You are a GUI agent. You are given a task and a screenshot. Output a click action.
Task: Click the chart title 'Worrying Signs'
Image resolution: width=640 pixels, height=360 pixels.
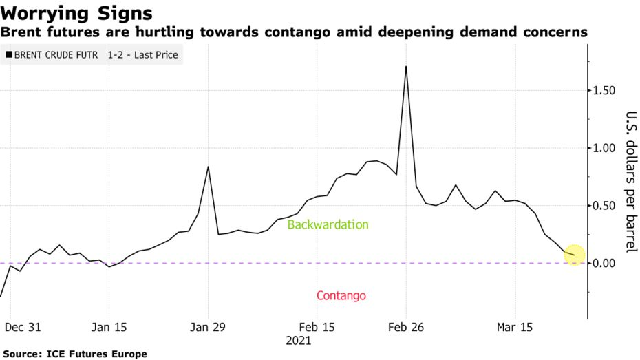pyautogui.click(x=76, y=14)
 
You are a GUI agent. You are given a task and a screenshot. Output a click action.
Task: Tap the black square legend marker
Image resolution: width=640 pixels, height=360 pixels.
pyautogui.click(x=9, y=54)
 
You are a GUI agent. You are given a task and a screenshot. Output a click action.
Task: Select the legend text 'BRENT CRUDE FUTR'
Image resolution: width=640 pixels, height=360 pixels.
pyautogui.click(x=56, y=54)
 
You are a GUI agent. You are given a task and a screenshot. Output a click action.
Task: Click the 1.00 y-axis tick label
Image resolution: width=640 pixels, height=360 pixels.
pyautogui.click(x=604, y=148)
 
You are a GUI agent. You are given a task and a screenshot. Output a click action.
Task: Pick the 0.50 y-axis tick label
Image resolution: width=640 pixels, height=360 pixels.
pyautogui.click(x=604, y=205)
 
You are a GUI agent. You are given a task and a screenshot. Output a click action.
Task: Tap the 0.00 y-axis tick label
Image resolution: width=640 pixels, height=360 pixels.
pyautogui.click(x=604, y=263)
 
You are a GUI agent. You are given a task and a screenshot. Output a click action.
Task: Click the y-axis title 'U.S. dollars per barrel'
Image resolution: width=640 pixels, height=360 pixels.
pyautogui.click(x=631, y=182)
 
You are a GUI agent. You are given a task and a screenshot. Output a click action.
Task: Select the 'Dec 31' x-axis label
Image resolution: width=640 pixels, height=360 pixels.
pyautogui.click(x=23, y=327)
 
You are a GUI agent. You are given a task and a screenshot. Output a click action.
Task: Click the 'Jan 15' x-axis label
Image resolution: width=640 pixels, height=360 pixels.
pyautogui.click(x=109, y=327)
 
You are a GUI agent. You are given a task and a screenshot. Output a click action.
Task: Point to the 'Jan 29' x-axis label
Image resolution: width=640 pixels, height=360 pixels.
pyautogui.click(x=208, y=327)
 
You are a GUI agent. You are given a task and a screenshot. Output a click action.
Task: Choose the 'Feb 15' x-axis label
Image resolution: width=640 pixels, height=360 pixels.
pyautogui.click(x=317, y=327)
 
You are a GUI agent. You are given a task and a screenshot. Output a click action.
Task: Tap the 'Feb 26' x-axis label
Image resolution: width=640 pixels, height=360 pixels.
pyautogui.click(x=406, y=327)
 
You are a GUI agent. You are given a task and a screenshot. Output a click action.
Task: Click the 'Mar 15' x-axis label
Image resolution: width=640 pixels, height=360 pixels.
pyautogui.click(x=515, y=327)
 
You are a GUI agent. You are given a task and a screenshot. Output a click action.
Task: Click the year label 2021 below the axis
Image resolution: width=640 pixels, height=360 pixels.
pyautogui.click(x=299, y=341)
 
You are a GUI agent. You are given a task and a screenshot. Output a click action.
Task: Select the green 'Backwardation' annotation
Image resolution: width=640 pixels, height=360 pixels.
pyautogui.click(x=328, y=224)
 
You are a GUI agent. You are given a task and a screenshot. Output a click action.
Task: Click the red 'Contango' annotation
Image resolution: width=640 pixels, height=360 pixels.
pyautogui.click(x=341, y=295)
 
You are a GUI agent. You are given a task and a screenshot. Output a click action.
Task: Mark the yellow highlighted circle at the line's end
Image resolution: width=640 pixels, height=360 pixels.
pyautogui.click(x=575, y=255)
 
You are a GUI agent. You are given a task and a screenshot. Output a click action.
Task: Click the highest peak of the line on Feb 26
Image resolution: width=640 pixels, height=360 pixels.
pyautogui.click(x=406, y=67)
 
